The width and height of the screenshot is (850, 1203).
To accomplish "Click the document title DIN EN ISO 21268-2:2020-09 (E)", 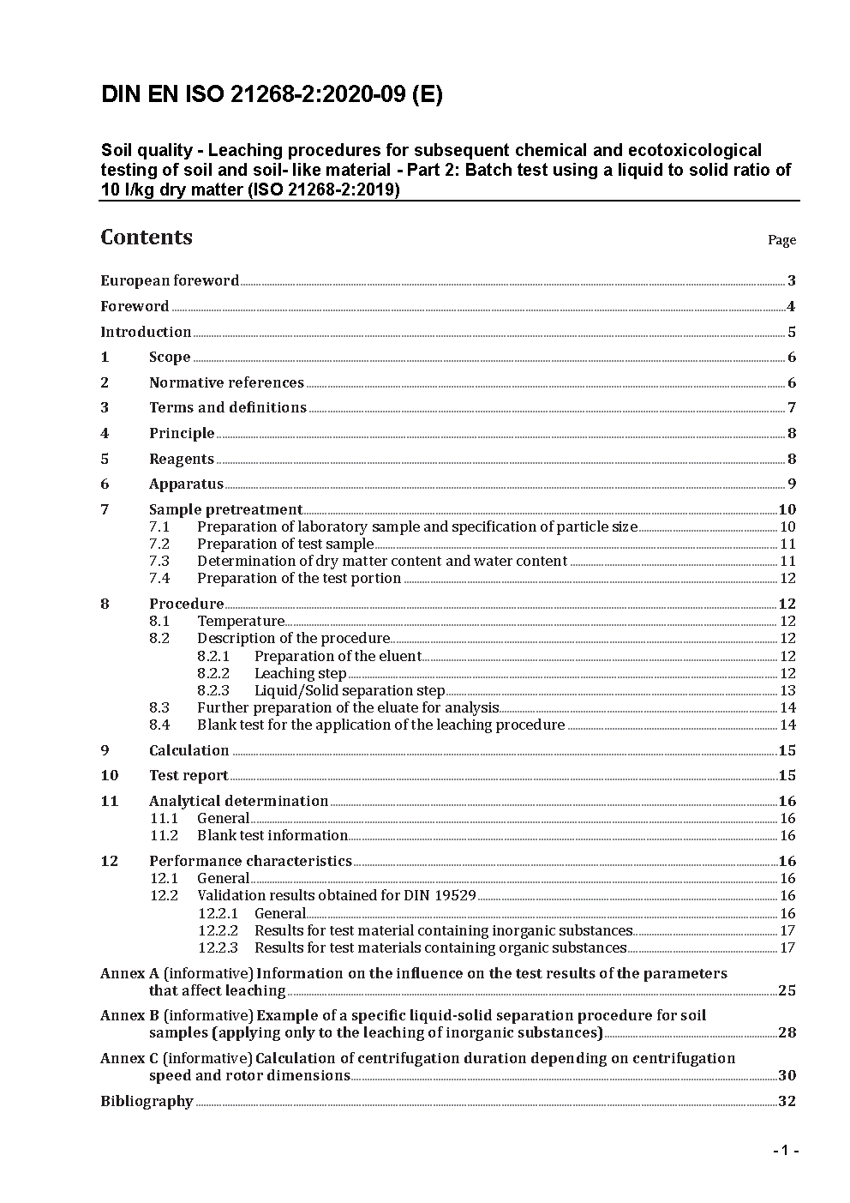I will (x=272, y=95).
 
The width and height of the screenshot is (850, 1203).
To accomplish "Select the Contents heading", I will (x=147, y=238).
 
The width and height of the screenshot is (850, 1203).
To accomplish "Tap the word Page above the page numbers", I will (x=781, y=240).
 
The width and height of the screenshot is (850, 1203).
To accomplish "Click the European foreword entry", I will (x=170, y=280).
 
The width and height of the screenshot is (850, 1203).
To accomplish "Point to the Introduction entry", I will (x=146, y=332).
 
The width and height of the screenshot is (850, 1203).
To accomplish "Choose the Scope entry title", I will (x=170, y=358).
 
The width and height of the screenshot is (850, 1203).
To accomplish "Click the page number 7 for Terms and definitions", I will (x=792, y=408).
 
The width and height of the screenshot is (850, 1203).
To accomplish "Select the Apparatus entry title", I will (x=186, y=484).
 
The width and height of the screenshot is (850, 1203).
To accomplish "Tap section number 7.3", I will (x=159, y=562).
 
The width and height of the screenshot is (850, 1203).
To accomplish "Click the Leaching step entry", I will (x=300, y=674).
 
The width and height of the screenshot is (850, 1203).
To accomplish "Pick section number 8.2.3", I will (x=213, y=691).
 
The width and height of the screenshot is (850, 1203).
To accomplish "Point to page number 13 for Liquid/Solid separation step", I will (x=787, y=691).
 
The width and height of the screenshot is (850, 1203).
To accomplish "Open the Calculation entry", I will (x=189, y=751).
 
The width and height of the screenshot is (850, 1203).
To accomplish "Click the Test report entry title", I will (x=189, y=776).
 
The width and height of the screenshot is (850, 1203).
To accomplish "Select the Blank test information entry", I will (x=272, y=836).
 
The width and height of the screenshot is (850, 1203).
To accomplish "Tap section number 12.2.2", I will (x=218, y=931).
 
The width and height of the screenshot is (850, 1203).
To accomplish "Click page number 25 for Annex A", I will (x=787, y=991).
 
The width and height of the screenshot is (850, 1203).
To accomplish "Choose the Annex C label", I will (x=130, y=1059).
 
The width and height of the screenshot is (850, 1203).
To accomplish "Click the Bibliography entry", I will (x=147, y=1102).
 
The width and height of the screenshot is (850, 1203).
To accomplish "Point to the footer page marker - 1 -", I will (x=785, y=1151).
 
